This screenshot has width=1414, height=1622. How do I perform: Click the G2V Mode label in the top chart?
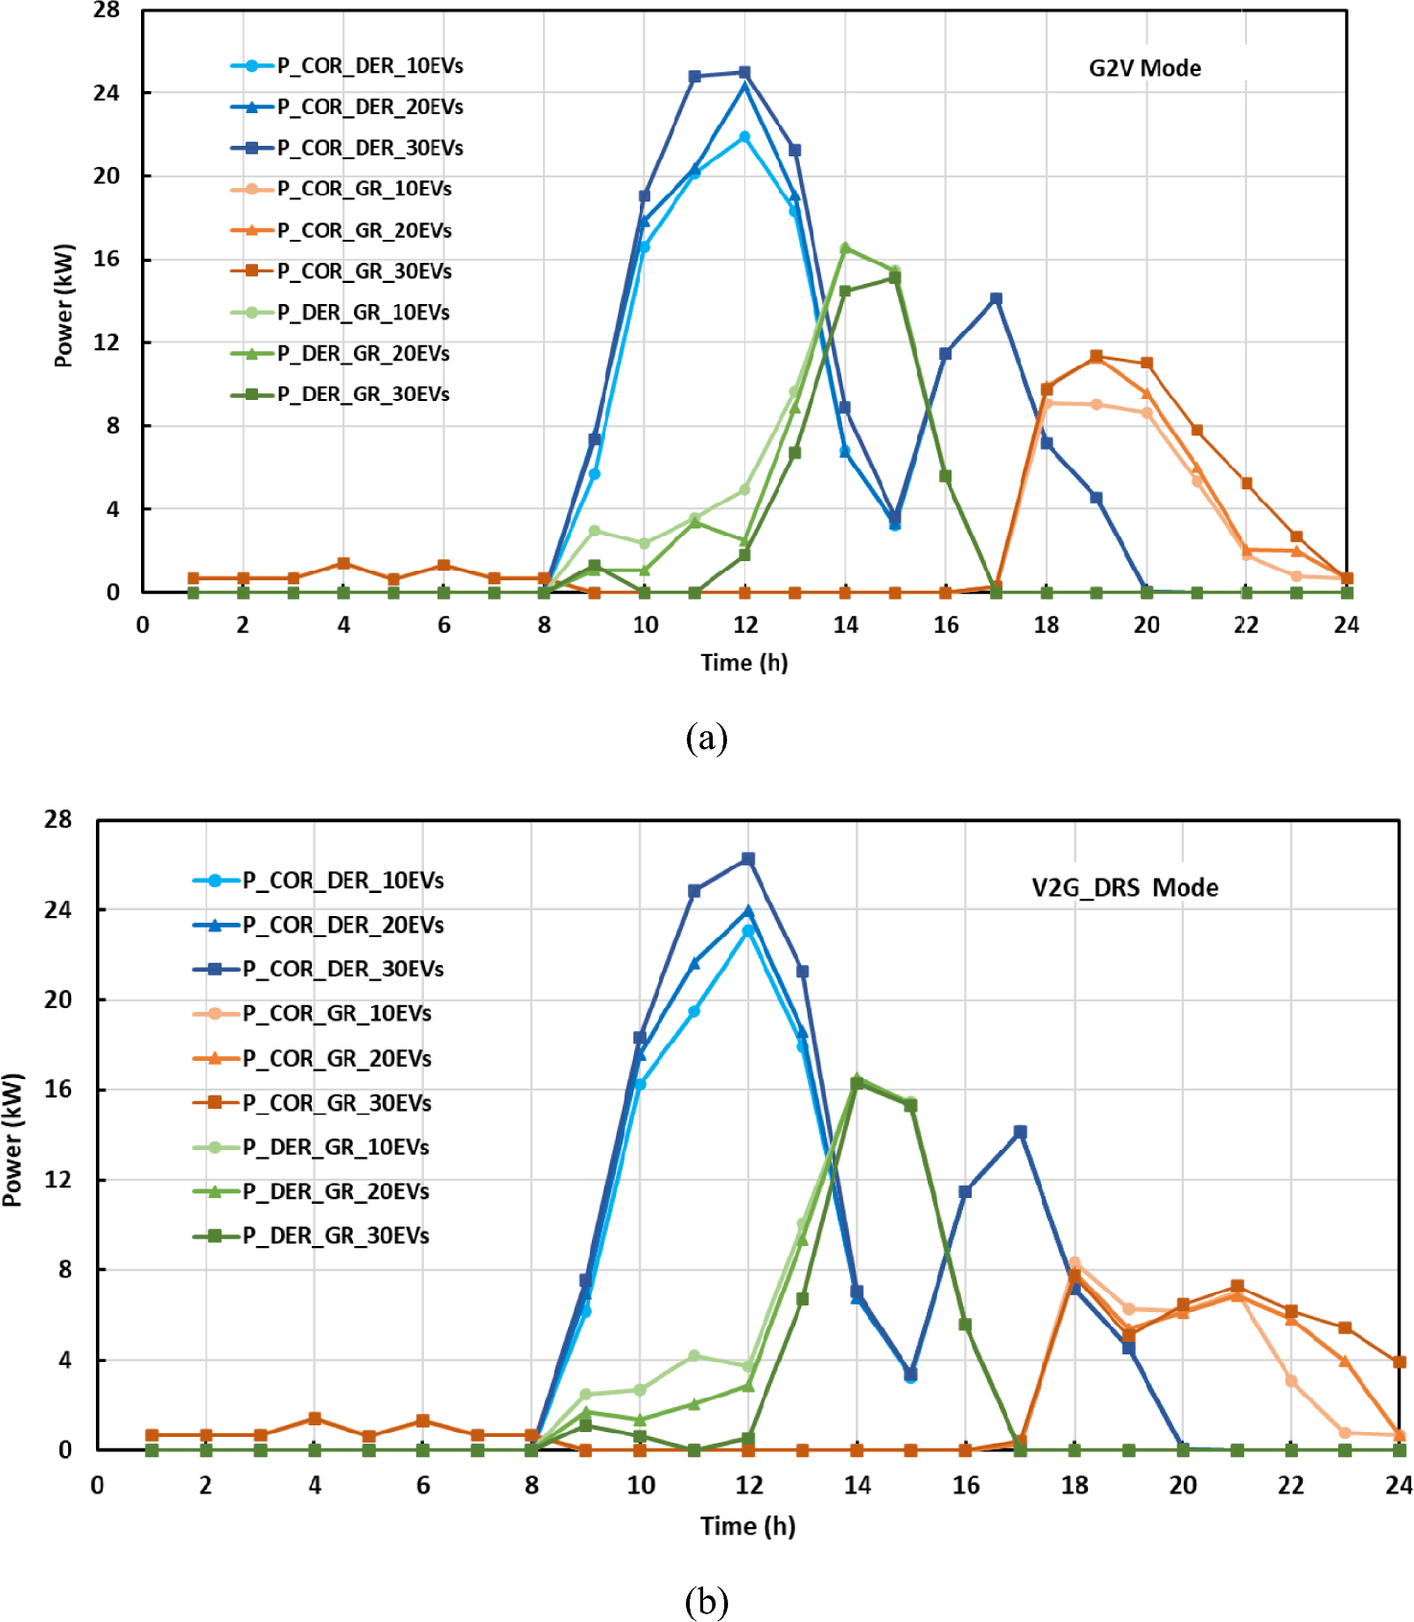pos(1143,68)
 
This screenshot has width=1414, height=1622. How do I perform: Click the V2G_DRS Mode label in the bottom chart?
pos(1124,887)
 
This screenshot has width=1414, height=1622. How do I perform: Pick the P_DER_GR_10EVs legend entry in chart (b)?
pos(335,1147)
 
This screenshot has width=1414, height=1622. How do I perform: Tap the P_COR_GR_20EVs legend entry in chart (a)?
pos(364,230)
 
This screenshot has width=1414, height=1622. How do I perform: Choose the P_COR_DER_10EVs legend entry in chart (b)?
pos(342,881)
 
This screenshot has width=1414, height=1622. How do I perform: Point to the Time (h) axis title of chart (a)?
pos(743,663)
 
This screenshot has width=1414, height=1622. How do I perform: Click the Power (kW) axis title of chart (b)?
pos(12,1139)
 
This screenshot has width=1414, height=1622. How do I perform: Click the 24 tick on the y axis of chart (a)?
pos(106,93)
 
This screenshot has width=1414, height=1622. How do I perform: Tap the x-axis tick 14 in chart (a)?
pos(845,625)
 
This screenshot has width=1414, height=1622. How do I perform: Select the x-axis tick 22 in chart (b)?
pos(1290,1486)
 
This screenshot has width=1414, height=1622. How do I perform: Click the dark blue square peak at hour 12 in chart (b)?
pos(748,859)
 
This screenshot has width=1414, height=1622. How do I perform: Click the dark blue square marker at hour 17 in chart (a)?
pos(996,299)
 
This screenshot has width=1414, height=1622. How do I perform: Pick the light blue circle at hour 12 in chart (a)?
pos(744,137)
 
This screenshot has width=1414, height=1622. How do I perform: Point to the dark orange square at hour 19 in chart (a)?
pos(1096,357)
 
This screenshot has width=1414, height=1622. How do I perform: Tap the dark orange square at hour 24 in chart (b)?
pos(1400,1362)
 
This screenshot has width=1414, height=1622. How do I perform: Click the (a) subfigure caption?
pos(706,739)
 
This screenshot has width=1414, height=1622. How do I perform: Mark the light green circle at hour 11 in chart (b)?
pos(695,1356)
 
